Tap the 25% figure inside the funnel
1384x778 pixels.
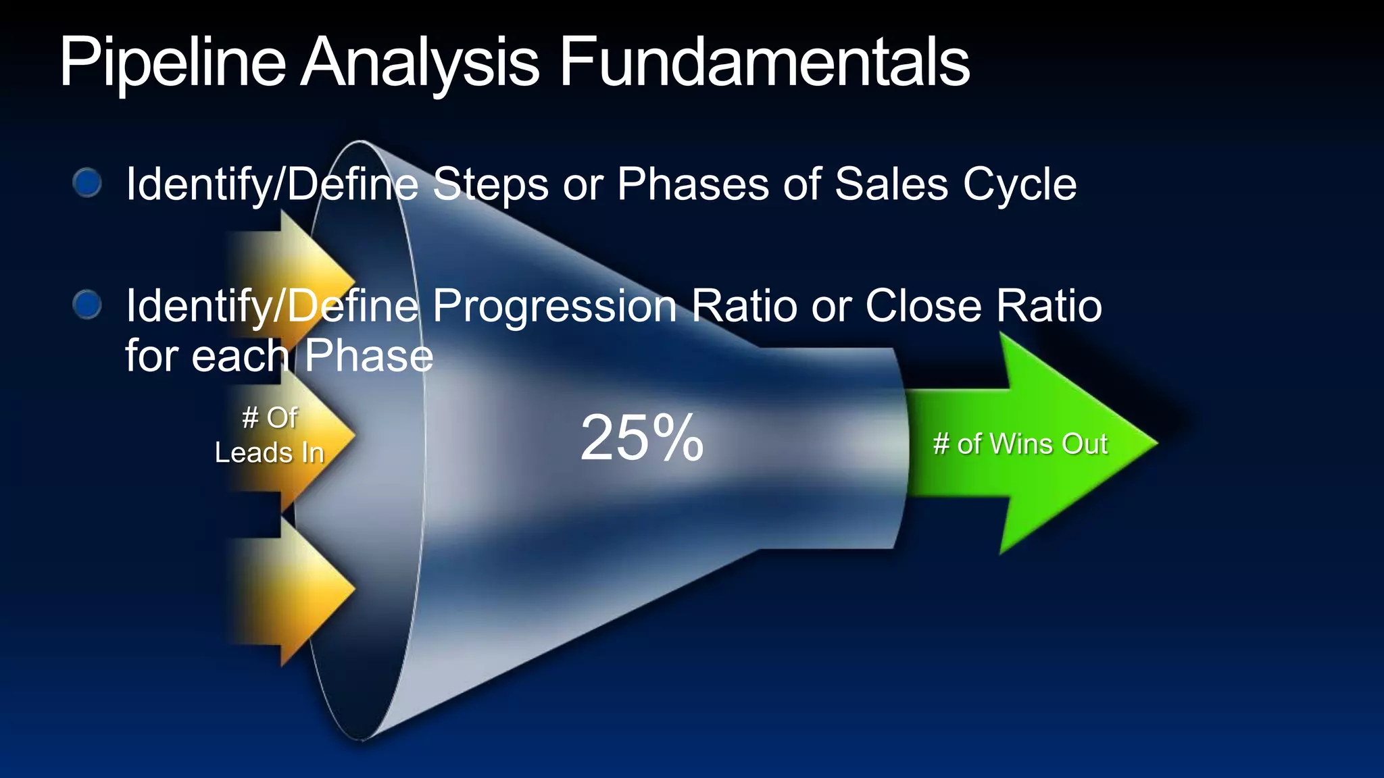(642, 439)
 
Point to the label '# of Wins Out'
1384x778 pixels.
(1020, 444)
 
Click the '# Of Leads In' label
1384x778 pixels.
(269, 436)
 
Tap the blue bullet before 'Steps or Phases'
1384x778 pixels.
(87, 183)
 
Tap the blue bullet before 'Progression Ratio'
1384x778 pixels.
(87, 305)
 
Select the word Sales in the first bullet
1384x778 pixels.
(891, 184)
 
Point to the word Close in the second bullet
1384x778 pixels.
(923, 306)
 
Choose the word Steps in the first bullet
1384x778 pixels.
(491, 184)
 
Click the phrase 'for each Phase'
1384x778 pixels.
(279, 356)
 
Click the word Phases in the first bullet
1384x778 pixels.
(693, 184)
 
